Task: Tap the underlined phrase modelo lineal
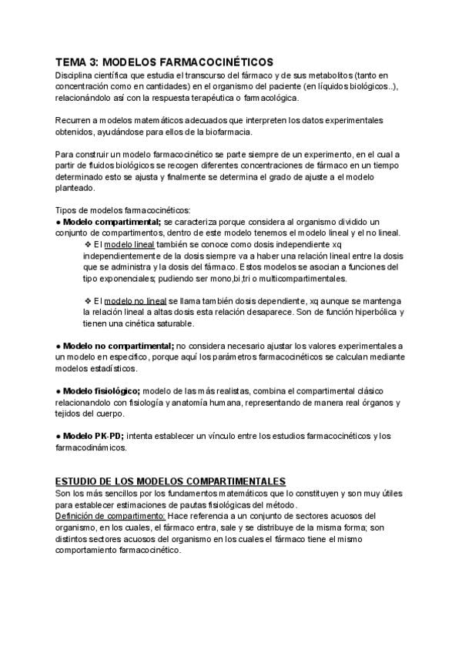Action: (129, 244)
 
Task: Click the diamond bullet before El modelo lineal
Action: (88, 244)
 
